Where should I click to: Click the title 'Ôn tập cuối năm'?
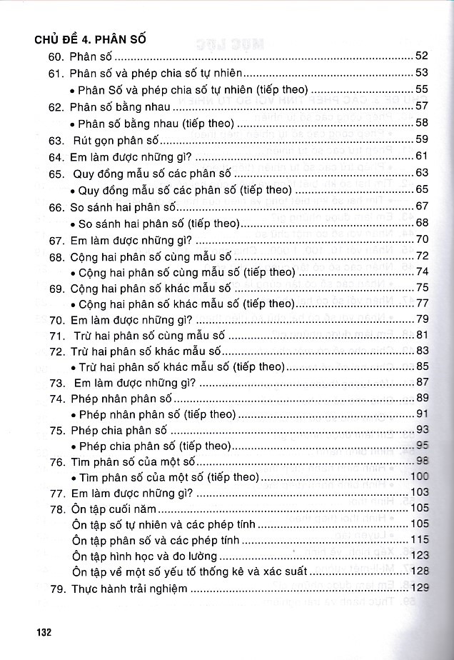pos(113,509)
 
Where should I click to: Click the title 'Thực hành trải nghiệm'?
pos(128,589)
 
